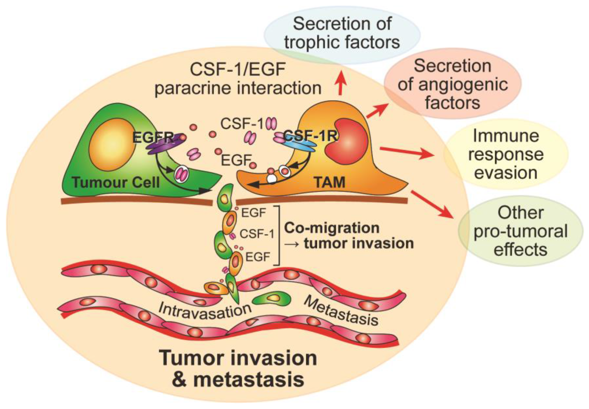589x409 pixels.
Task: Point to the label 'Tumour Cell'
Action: click(x=116, y=182)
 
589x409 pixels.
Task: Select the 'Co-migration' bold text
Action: click(x=332, y=228)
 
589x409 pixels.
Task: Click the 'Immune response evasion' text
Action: click(x=506, y=154)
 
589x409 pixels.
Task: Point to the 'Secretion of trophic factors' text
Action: click(x=342, y=33)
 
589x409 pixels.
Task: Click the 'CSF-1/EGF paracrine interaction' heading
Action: click(x=238, y=79)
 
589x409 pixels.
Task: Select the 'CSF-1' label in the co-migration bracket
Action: click(x=257, y=234)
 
